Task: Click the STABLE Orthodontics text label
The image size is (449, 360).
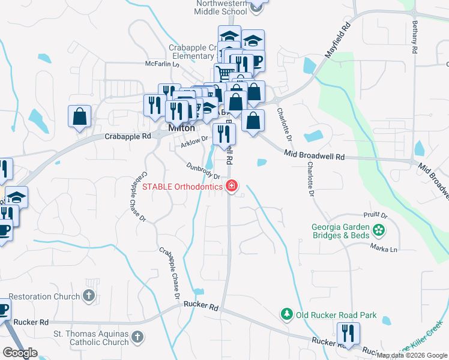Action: tap(182, 186)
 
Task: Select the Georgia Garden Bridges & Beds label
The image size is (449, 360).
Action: tap(340, 232)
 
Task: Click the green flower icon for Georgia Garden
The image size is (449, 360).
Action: tap(378, 229)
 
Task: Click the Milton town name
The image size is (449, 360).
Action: tap(181, 128)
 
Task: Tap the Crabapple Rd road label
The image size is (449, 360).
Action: tap(127, 136)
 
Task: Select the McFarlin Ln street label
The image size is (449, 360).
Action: tap(162, 64)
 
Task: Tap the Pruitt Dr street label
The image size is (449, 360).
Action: tap(376, 215)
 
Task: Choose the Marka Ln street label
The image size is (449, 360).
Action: tap(384, 248)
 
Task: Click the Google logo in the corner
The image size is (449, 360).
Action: tap(20, 353)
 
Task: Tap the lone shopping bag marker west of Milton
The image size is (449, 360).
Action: tap(79, 117)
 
